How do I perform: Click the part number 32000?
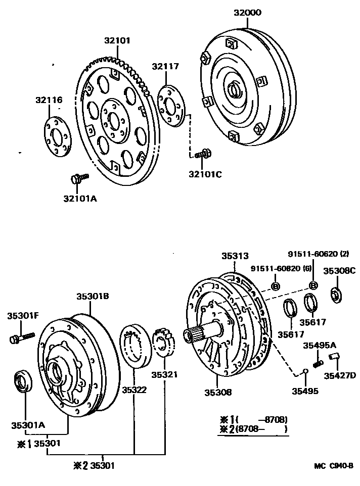click(247, 13)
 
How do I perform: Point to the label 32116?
click(49, 100)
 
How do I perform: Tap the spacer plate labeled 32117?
click(171, 105)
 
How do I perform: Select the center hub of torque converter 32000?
click(235, 91)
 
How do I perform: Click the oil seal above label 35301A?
click(23, 380)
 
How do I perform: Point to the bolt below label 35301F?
click(21, 336)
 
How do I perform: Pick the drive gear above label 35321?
click(163, 342)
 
